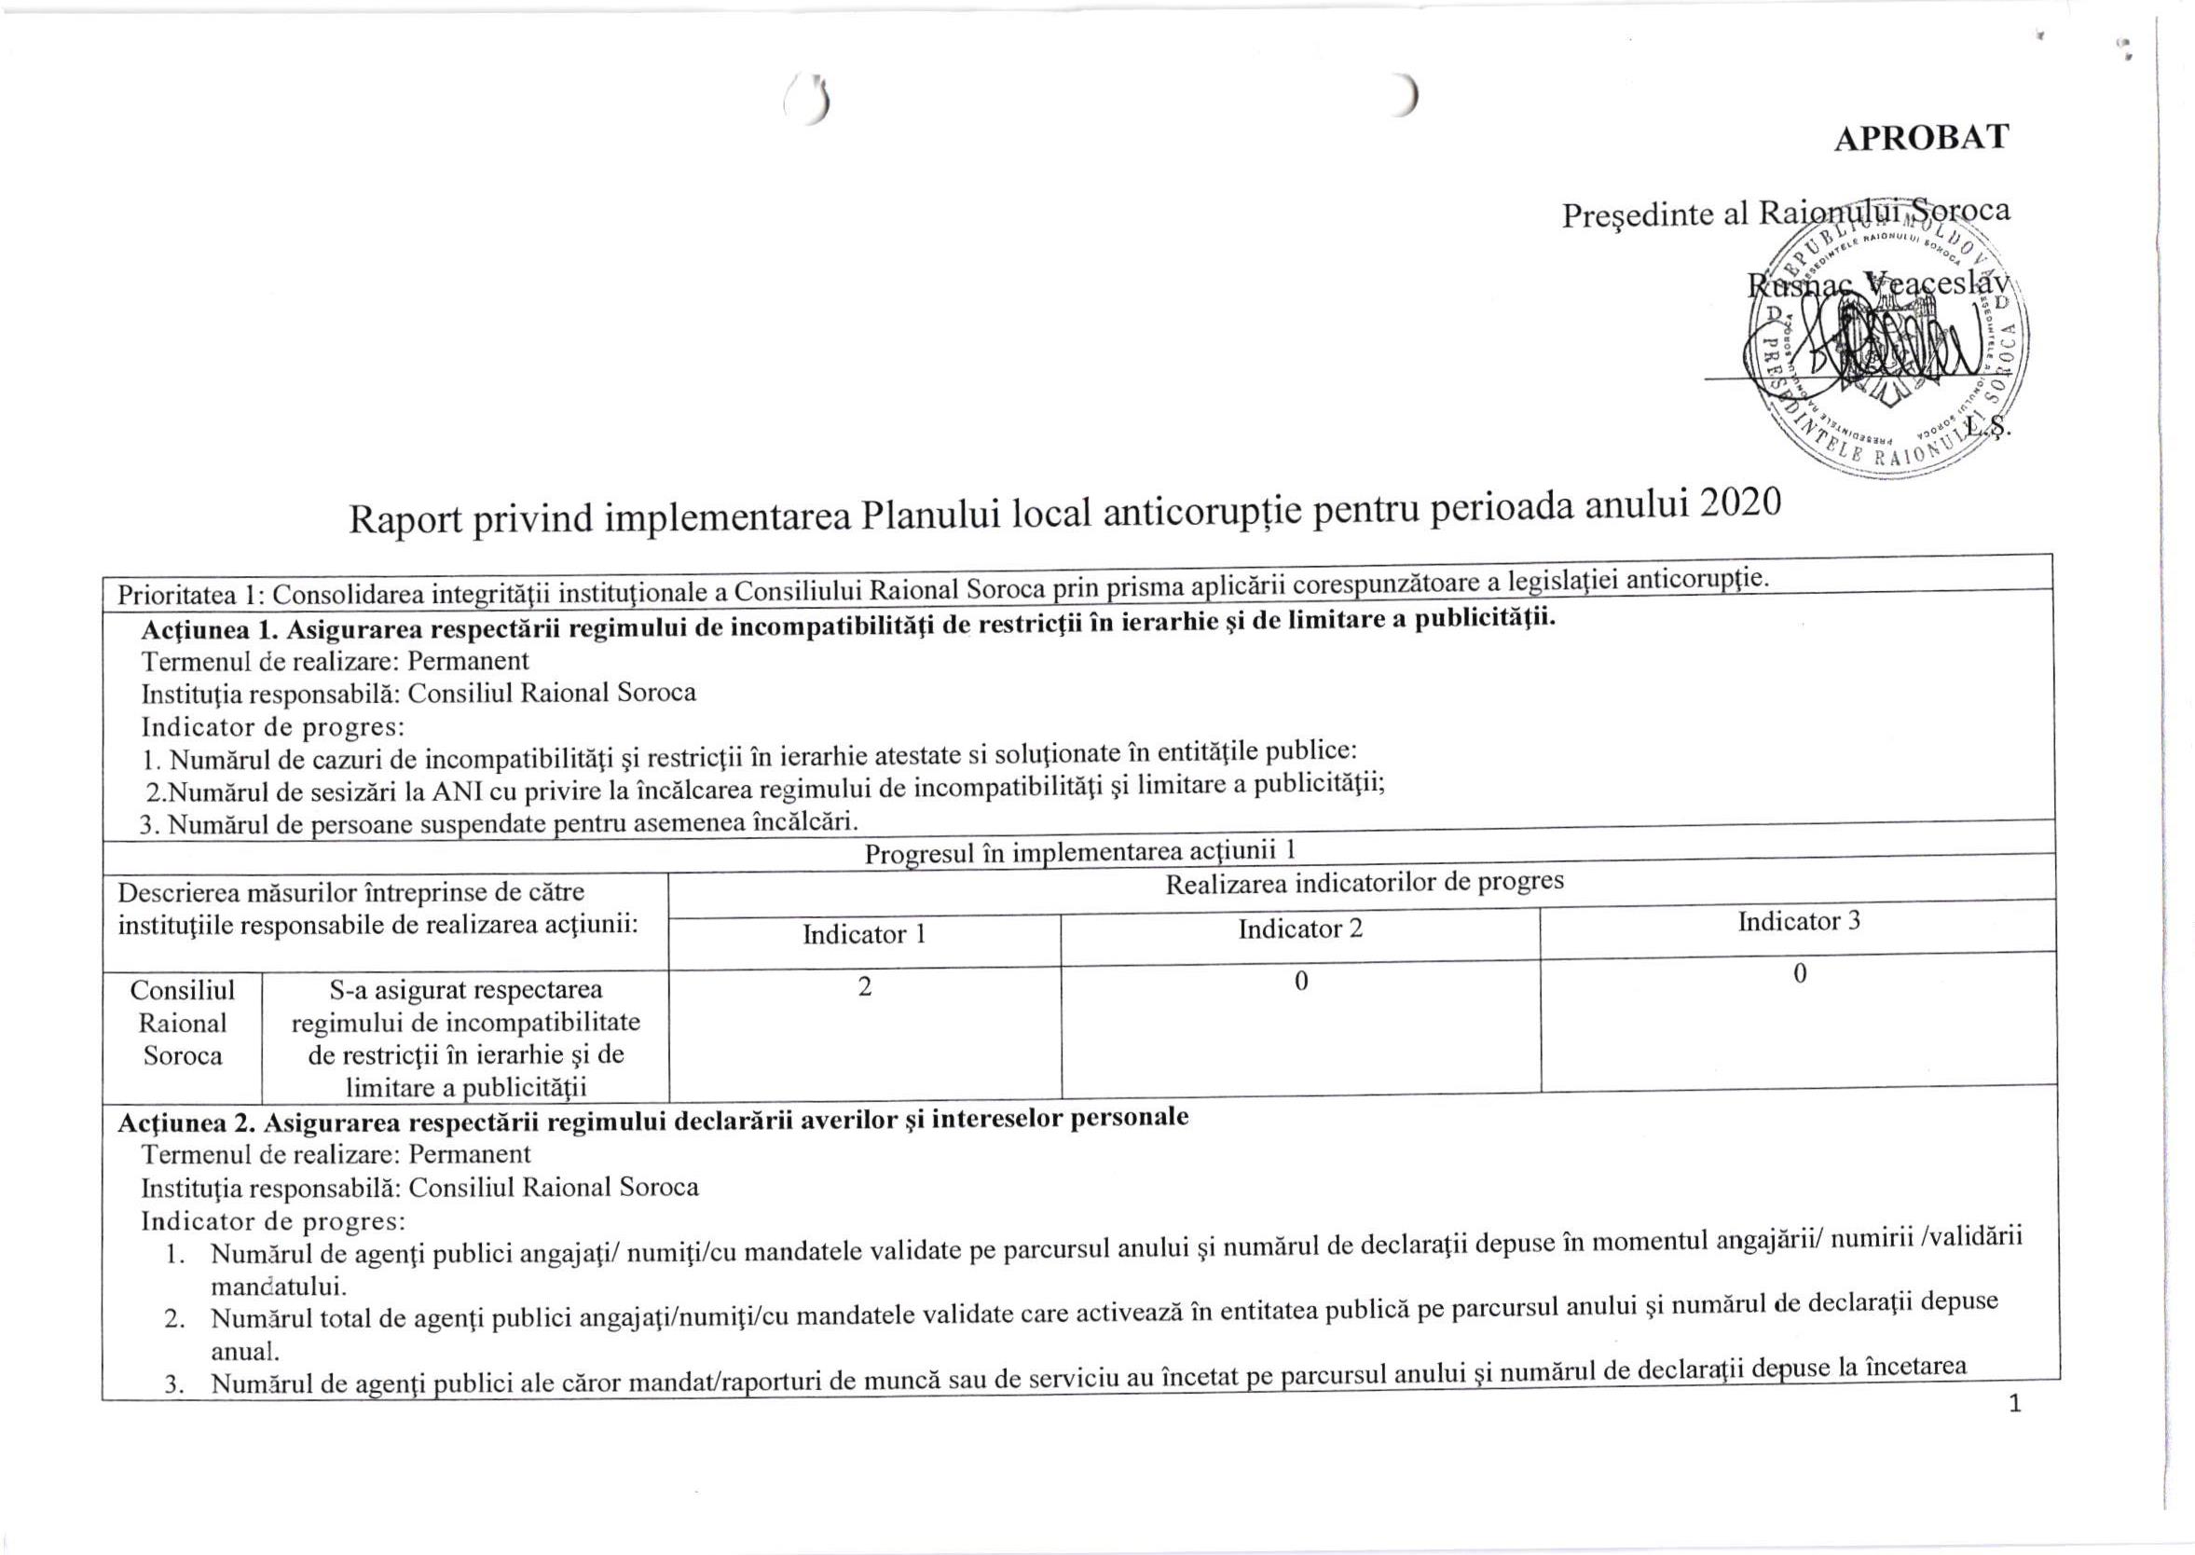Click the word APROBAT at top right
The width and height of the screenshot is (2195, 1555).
1920,138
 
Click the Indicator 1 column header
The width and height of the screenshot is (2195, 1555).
863,934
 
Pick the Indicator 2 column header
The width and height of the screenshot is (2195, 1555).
1300,929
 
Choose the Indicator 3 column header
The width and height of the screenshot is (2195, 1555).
1799,921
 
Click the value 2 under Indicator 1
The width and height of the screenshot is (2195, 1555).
864,987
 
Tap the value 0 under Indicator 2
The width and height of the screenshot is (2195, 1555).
1300,982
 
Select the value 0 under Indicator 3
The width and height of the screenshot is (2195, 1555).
1800,974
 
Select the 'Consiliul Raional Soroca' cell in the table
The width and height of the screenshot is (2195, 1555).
182,1023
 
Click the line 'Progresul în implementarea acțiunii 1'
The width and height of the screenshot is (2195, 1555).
1081,850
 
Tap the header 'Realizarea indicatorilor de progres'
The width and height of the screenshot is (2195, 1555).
1364,883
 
